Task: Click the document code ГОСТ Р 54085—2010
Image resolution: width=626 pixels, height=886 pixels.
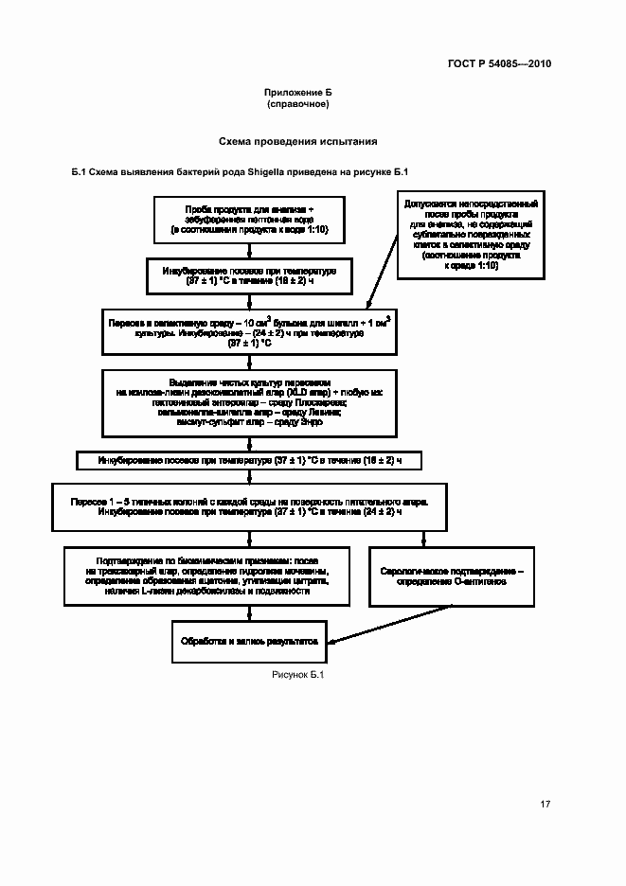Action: coord(499,64)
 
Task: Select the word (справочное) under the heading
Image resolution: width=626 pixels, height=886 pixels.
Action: coord(297,104)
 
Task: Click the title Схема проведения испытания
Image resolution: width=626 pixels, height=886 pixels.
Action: coord(297,141)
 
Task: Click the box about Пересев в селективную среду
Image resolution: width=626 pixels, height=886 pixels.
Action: coord(248,333)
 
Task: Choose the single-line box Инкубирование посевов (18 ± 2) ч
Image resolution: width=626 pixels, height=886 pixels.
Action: coord(248,461)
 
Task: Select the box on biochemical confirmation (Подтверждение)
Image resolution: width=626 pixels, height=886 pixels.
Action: coord(206,576)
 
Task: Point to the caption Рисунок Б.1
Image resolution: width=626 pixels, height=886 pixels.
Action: coord(297,675)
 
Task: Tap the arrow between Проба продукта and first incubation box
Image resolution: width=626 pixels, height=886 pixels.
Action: coord(248,249)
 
